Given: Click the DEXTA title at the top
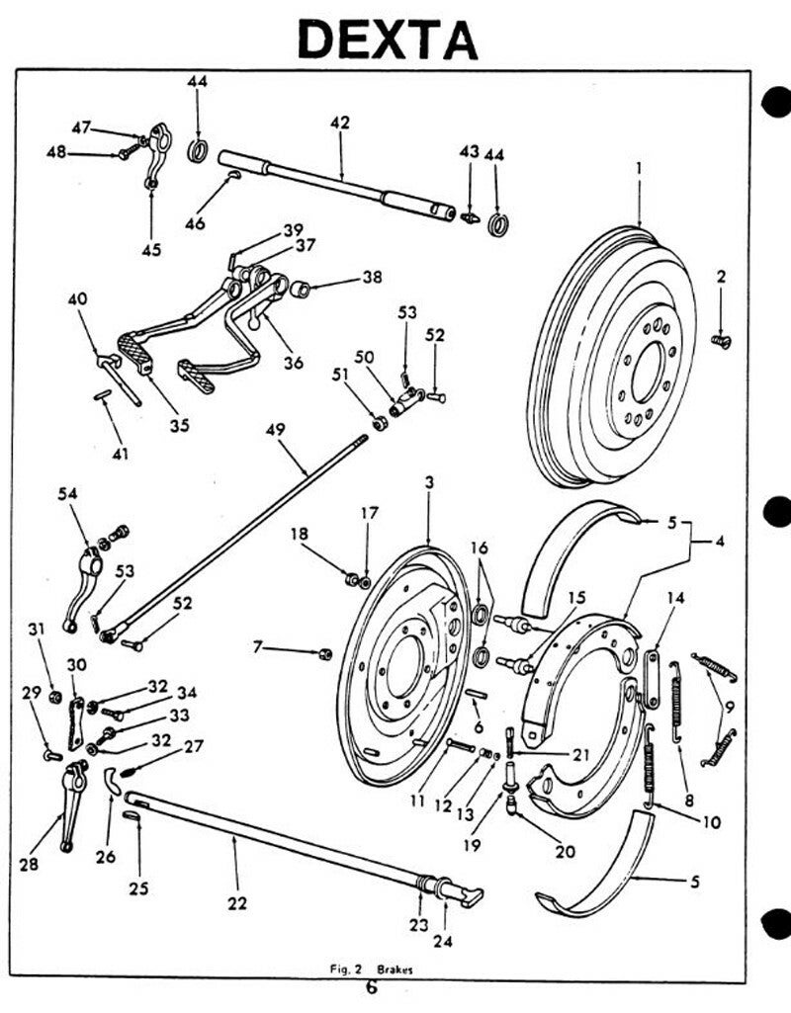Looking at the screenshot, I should pos(388,40).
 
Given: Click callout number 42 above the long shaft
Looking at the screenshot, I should pos(340,124).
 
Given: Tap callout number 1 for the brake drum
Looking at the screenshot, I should pos(640,169).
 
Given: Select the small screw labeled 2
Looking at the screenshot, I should pos(723,340).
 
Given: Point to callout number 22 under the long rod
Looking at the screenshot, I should pos(237,902).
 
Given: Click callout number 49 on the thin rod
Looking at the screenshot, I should pos(275,429).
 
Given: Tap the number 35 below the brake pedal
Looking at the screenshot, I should pos(179,426).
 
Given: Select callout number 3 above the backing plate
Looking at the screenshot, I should pos(429,482).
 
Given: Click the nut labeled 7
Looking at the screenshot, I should pos(324,653).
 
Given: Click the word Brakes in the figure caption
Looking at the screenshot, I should pos(393,971).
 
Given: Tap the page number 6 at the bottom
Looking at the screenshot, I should pos(372,988).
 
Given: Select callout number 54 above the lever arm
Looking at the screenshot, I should pos(68,493).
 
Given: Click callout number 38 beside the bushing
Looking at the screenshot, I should pos(371,278).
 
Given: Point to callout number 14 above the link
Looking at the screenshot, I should pos(675,597).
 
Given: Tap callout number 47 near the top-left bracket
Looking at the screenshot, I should pos(81,127).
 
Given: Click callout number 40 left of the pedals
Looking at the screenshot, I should pos(77,298).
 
